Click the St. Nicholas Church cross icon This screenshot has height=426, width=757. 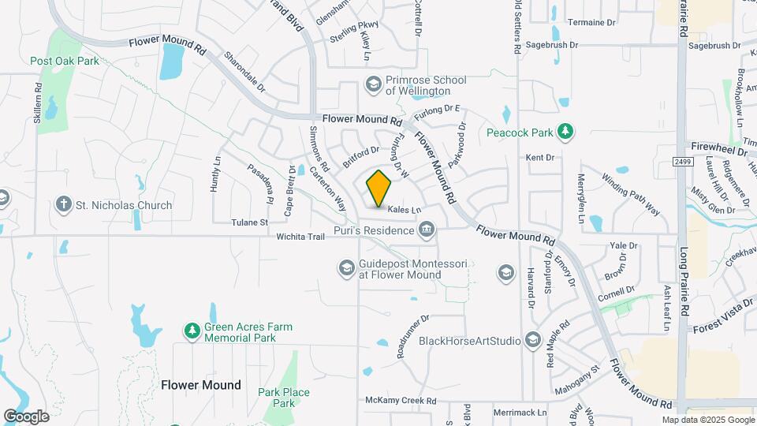(64, 205)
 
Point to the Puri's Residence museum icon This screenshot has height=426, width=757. (427, 230)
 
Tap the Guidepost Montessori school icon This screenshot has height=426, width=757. (346, 269)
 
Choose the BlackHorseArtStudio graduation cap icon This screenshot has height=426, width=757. (532, 340)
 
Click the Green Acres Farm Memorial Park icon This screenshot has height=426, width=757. (191, 331)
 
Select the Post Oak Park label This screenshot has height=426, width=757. (64, 61)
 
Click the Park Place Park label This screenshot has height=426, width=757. (273, 398)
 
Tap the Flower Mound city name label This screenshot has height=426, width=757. (200, 385)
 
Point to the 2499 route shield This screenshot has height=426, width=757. (683, 162)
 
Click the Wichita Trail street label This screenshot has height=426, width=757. (300, 236)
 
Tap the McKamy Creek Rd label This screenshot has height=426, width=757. (401, 401)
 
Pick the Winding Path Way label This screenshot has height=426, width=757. (631, 194)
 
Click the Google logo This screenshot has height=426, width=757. (26, 417)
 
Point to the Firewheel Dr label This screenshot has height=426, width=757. (718, 149)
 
